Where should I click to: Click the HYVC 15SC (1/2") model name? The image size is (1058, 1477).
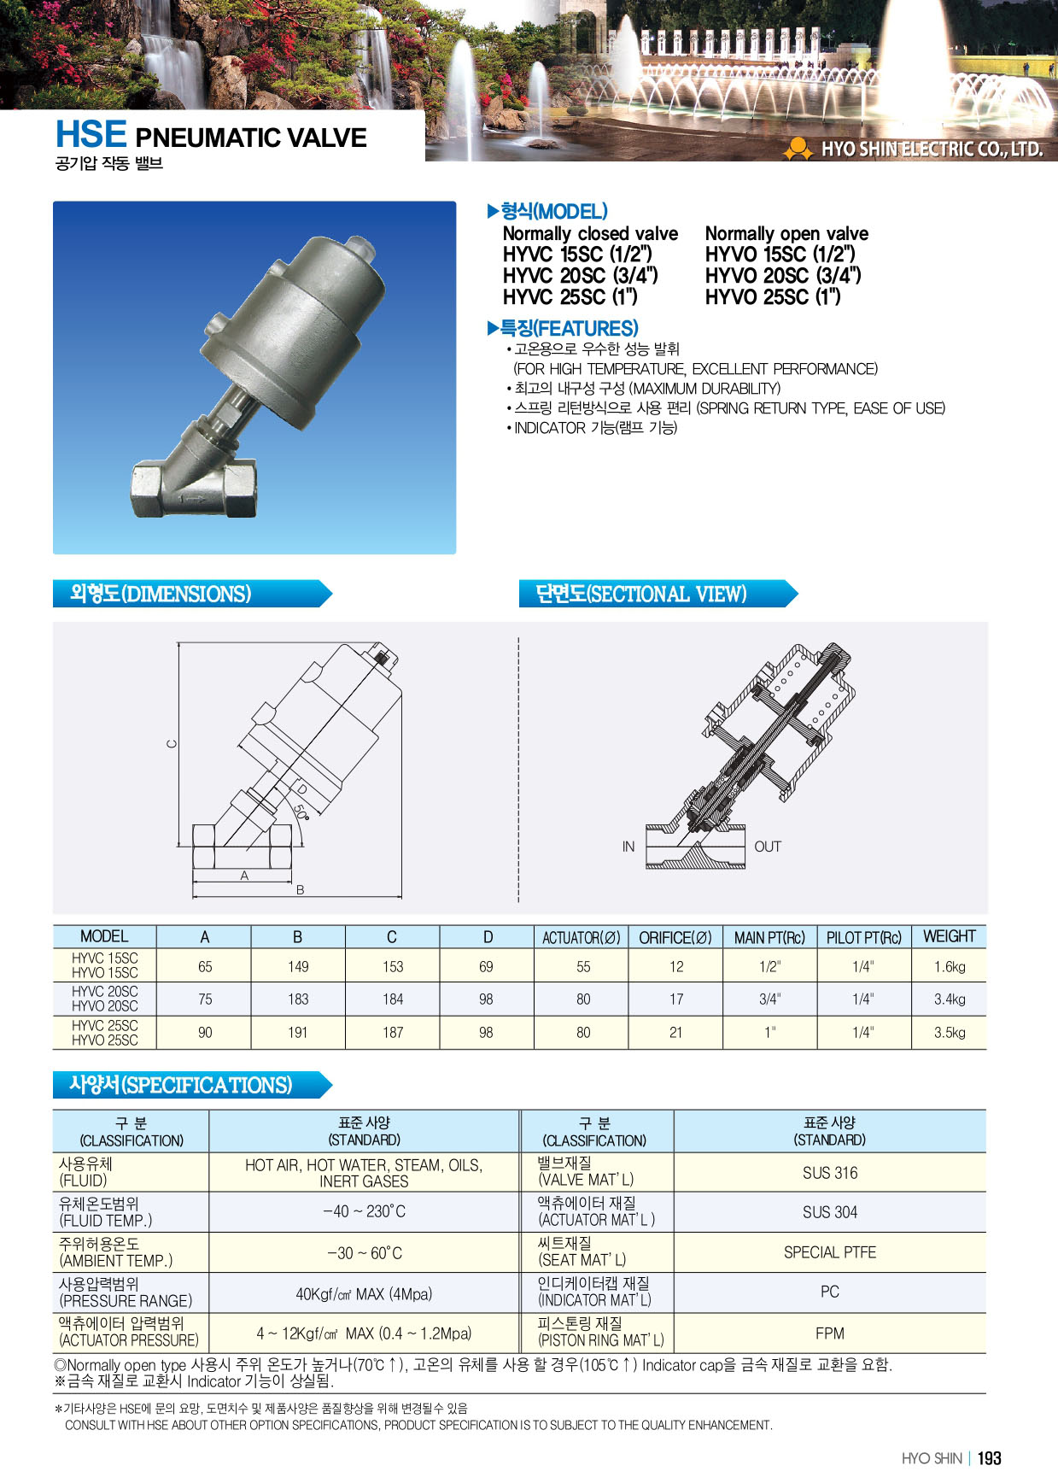pos(577,255)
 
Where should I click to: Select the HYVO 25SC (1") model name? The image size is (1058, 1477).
pos(773,297)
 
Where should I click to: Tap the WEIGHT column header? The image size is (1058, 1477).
pos(949,936)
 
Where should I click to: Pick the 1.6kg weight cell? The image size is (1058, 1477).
pos(949,967)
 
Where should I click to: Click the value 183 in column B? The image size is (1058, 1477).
pos(298,999)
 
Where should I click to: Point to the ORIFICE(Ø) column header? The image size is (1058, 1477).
pos(675,937)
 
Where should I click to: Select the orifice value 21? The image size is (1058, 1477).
pos(675,1032)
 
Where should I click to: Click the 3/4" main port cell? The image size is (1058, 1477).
pos(769,999)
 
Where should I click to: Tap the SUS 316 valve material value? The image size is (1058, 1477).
pos(829,1173)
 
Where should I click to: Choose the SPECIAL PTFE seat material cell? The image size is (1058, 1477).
pos(829,1252)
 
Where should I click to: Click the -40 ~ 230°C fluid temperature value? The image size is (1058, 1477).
pos(364,1211)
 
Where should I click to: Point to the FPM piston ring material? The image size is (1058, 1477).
pos(829,1333)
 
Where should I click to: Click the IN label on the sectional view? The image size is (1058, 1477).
pos(628,847)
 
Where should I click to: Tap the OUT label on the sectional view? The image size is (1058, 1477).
pos(768,847)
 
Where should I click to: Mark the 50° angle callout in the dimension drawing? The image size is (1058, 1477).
pos(301,811)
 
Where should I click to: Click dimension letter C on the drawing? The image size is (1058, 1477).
pos(172,743)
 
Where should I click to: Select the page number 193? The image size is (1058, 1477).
pos(989,1458)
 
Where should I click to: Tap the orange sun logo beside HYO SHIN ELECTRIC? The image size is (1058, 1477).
pos(798,149)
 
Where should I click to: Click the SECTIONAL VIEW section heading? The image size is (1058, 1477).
pos(641,594)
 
